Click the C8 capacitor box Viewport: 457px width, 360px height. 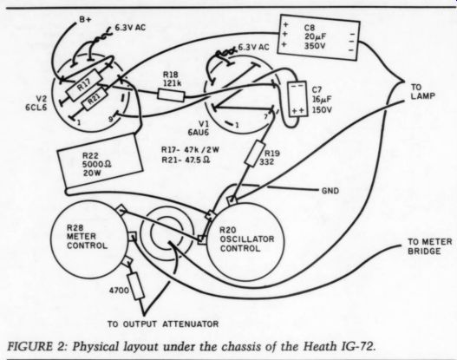[x=318, y=37]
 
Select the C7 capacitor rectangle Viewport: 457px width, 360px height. [x=297, y=99]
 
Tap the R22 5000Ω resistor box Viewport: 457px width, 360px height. [x=100, y=163]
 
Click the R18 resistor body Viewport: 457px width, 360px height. [x=171, y=95]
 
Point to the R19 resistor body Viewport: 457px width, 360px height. [x=254, y=154]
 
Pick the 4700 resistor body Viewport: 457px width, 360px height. [x=135, y=285]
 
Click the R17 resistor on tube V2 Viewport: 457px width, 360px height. [x=85, y=85]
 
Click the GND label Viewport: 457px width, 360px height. [x=330, y=191]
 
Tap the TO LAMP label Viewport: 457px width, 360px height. [x=422, y=92]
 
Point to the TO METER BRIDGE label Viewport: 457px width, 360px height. [x=429, y=246]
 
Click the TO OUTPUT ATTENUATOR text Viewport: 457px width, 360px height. [x=163, y=324]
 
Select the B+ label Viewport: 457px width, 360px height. [x=85, y=20]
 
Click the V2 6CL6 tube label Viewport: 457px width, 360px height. [x=36, y=103]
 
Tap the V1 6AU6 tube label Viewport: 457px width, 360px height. [x=199, y=128]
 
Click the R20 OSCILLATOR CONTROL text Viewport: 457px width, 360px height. [x=247, y=239]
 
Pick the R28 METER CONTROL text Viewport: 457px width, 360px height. [x=87, y=237]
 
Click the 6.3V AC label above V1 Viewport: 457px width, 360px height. [x=254, y=47]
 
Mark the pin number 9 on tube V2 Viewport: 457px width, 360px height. [x=111, y=119]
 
